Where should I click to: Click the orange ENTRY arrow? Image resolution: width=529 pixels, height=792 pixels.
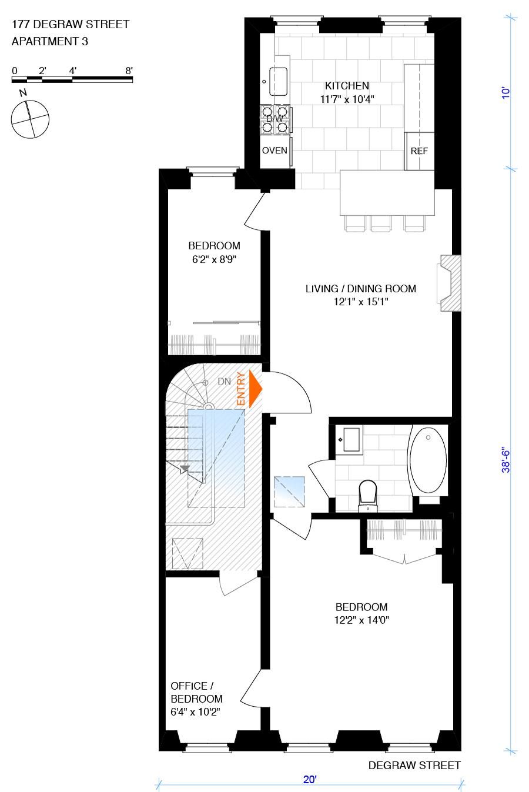[255, 389]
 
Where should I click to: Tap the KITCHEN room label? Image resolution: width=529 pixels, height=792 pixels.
[347, 86]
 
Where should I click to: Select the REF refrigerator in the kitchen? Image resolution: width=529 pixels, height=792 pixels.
[419, 151]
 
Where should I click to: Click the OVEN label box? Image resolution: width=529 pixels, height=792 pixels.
[274, 151]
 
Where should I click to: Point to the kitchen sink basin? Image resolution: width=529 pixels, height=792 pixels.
[278, 81]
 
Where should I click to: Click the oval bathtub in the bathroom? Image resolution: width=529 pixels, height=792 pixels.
[428, 460]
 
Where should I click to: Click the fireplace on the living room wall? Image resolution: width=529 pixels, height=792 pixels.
[450, 283]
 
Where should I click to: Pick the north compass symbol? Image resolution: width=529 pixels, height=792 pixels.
[30, 119]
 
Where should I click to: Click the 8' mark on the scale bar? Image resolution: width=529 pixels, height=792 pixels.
[129, 71]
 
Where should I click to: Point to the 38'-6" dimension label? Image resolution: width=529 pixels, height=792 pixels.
[506, 460]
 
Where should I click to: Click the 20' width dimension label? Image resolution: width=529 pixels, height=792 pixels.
[310, 780]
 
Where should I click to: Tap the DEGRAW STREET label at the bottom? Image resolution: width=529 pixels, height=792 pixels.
[414, 765]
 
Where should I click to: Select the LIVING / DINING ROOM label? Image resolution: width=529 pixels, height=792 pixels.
[360, 289]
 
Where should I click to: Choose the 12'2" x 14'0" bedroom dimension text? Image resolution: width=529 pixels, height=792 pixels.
[361, 620]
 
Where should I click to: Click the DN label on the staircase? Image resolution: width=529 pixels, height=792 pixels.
[224, 382]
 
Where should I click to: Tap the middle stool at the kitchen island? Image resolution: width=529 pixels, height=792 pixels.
[380, 223]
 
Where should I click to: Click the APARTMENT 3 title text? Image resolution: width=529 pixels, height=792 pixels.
[50, 41]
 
